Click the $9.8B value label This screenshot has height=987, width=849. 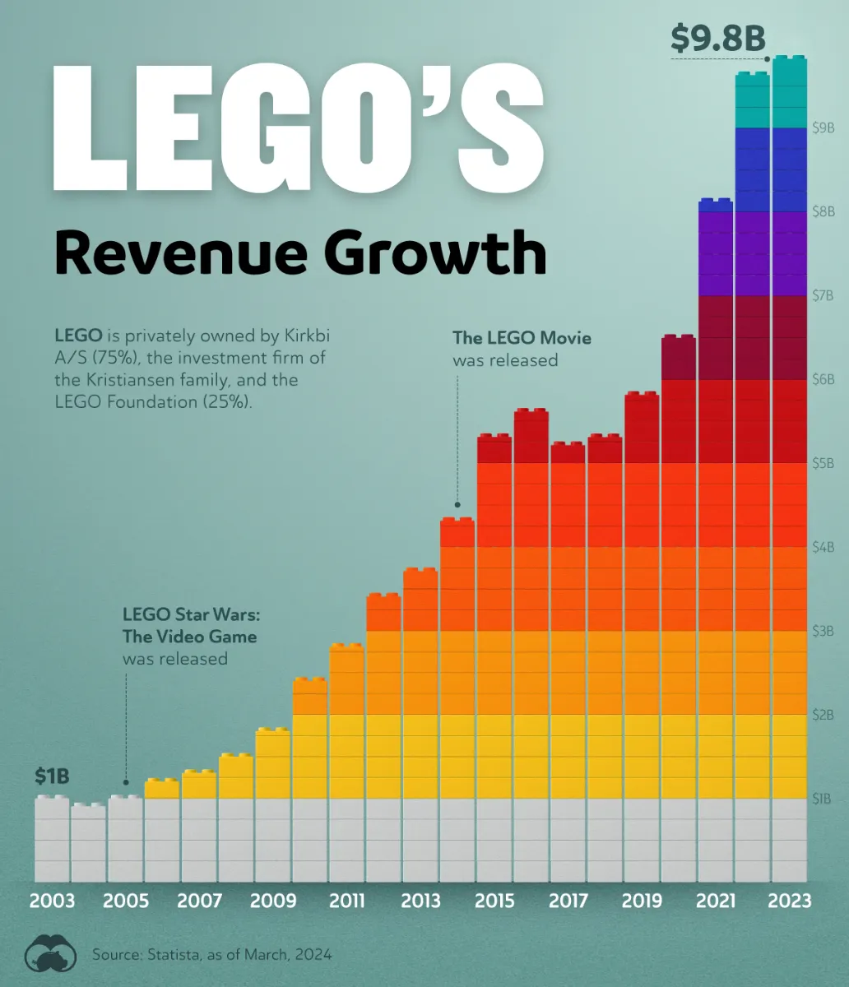click(x=717, y=39)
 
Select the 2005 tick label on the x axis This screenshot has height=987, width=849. click(x=126, y=901)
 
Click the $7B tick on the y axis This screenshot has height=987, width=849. click(x=824, y=295)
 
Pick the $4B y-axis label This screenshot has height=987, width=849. click(x=824, y=547)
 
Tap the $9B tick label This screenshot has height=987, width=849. click(x=824, y=127)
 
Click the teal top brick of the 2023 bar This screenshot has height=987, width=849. click(x=789, y=93)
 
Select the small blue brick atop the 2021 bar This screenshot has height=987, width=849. click(x=715, y=206)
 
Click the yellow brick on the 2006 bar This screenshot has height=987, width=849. click(x=162, y=789)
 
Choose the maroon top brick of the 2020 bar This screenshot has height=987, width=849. click(x=679, y=358)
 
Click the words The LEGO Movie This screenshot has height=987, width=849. click(x=522, y=338)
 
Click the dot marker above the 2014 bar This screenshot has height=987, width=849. click(x=457, y=505)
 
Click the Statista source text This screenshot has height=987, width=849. click(x=212, y=955)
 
